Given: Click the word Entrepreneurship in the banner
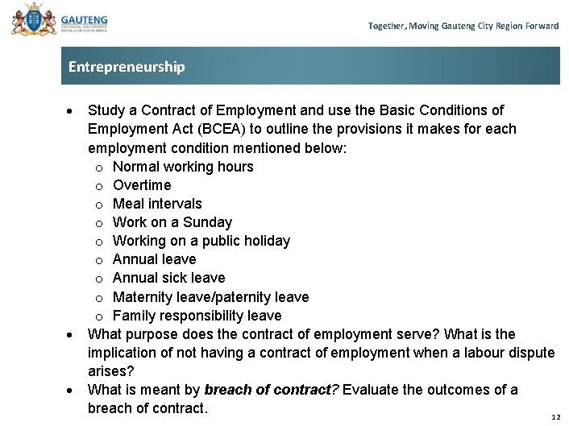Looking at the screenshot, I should pos(127,67).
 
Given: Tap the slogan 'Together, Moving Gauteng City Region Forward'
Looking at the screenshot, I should pos(463,26).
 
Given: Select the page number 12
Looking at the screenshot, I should pos(555,416).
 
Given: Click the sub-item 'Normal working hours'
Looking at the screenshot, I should pos(183,167).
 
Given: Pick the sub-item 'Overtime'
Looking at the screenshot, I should pos(142,185).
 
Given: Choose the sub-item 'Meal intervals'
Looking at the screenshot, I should pos(157,204).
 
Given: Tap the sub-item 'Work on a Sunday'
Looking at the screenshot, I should pos(172,222).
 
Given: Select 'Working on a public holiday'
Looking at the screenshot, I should pos(201,241).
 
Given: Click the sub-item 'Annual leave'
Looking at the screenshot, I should pos(154,259).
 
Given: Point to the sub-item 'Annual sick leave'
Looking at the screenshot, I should pos(168,278).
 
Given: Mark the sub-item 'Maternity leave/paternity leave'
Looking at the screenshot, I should pos(210,297).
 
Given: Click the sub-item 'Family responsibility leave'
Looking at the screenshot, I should pos(197,316).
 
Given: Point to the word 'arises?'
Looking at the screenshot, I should pos(111,371).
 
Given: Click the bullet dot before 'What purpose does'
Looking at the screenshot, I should pos(71,334).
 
